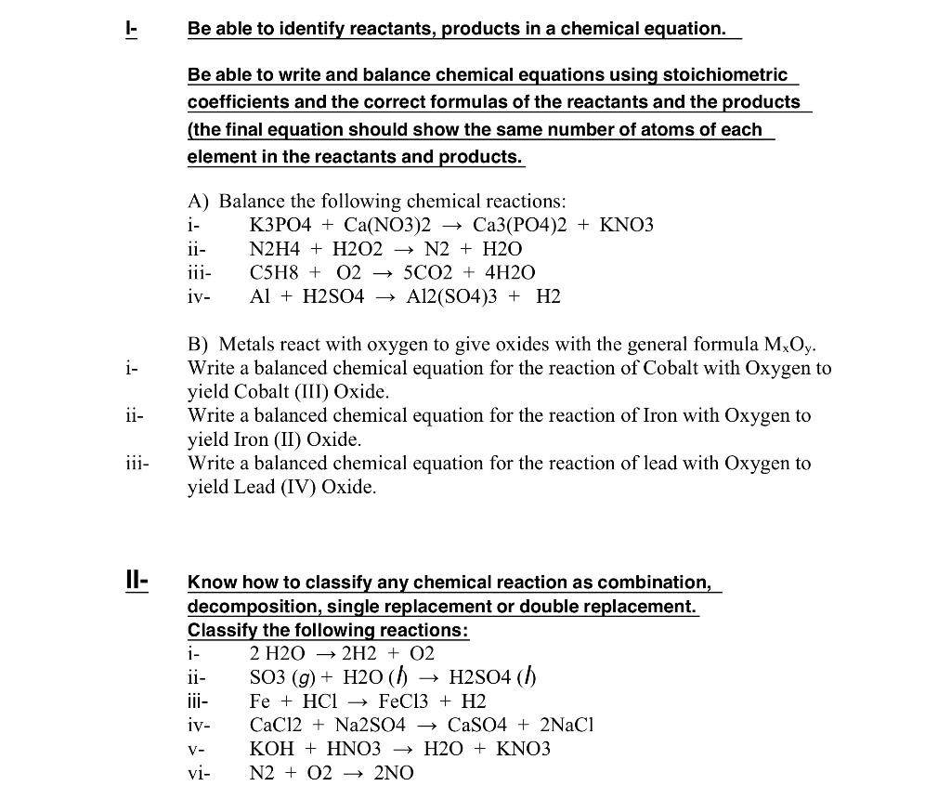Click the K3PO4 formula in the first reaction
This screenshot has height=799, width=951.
pos(280,226)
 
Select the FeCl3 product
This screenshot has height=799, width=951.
pos(404,701)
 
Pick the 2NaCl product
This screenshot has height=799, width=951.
pos(566,725)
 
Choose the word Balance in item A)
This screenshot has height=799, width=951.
pos(252,202)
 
